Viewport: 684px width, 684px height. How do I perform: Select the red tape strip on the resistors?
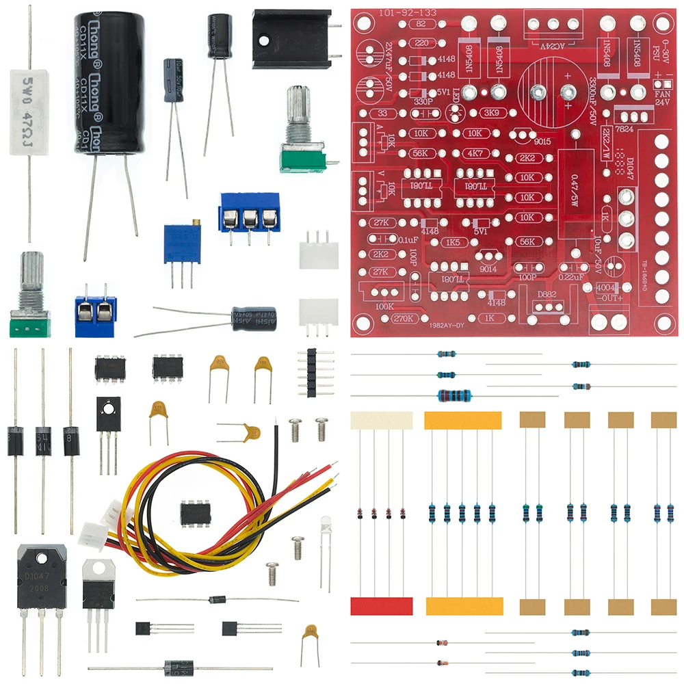pos(382,606)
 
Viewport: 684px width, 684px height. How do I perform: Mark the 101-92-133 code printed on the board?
pos(400,13)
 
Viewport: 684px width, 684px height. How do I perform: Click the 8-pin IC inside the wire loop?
pos(195,512)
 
